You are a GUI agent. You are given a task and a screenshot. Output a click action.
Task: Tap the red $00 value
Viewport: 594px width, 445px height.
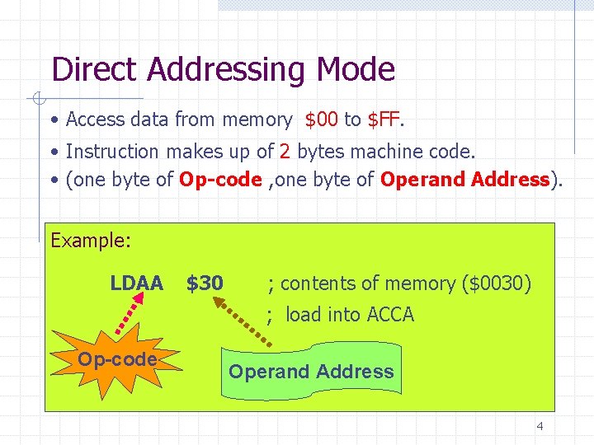[321, 119]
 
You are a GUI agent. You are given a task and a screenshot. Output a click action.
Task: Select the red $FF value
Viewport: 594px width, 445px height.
[384, 119]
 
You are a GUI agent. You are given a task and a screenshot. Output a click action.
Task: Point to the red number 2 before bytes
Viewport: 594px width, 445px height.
[285, 152]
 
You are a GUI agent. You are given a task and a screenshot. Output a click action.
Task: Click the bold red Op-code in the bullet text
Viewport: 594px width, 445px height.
[220, 180]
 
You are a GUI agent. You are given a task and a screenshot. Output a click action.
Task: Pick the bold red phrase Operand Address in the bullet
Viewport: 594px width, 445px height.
[464, 180]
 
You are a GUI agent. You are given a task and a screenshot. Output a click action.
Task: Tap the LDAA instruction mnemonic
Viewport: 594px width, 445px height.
[137, 283]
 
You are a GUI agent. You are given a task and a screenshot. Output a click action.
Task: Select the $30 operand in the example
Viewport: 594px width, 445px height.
[205, 283]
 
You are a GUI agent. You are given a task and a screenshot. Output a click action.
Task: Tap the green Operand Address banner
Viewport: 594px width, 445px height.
[311, 372]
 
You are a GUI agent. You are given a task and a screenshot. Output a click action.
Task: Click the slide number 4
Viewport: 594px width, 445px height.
[540, 426]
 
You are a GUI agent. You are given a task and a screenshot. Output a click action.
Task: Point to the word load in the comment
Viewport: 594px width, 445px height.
[304, 315]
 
